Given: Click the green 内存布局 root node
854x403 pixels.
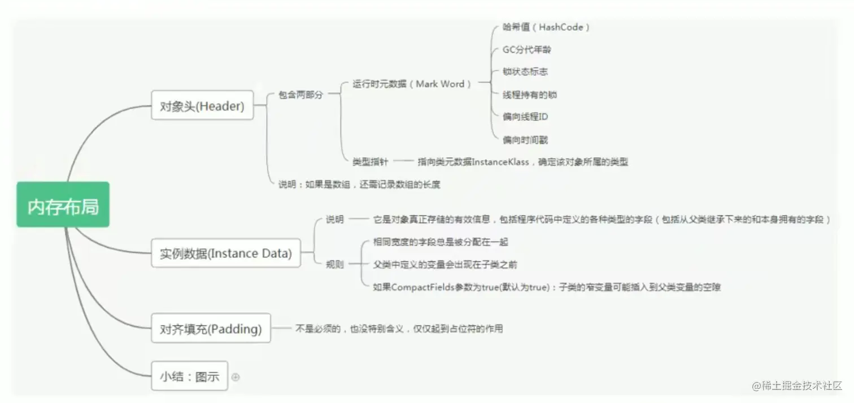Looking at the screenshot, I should coord(63,205).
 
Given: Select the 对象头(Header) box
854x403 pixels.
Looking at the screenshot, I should coord(202,106).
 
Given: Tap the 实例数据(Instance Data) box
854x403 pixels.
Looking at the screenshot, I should coord(225,253).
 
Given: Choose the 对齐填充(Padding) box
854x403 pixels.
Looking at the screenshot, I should coord(211,328).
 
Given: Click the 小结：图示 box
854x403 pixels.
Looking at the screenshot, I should coord(189,376).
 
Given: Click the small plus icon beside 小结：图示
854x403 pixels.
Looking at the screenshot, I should coord(236,377).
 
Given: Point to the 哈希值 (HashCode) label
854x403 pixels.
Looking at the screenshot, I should coord(546,27).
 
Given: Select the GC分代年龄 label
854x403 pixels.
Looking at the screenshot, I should coord(526,50).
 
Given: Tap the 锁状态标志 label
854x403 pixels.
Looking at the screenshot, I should coord(525,72).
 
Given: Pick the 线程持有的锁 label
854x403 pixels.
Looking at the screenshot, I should coord(530,95).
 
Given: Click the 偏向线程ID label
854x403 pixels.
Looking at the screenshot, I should coord(525,117).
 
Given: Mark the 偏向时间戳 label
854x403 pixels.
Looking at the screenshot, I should coord(525,139).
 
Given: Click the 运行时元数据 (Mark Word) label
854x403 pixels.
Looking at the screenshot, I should coord(412,84).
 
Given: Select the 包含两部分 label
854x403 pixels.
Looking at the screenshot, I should coord(300,95).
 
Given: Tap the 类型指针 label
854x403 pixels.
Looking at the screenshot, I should coord(370,162).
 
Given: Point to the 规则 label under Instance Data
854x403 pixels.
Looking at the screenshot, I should coord(334,264).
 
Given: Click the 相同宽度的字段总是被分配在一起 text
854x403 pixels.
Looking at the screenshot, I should coord(441,242).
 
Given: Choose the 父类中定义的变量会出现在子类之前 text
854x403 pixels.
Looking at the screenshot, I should coord(445,264).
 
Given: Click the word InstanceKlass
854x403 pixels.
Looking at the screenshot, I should coord(500,162).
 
